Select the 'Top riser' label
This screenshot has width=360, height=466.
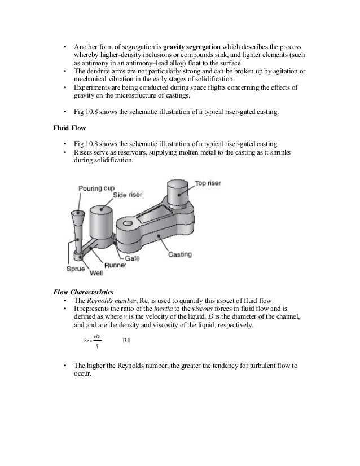[x=208, y=183]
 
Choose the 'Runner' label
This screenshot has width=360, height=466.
[x=115, y=264]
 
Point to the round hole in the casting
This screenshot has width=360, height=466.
[x=128, y=225]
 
